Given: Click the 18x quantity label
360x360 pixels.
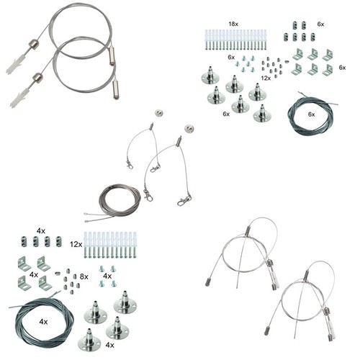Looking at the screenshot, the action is click(233, 24).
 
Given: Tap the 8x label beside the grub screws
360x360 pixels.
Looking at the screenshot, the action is click(84, 276).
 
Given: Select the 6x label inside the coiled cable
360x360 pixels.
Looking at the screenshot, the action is click(312, 114).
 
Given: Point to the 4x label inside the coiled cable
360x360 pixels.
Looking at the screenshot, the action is click(43, 322).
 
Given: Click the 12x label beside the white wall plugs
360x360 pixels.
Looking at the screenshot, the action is click(76, 245).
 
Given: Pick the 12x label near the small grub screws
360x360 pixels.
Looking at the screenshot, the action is click(266, 78).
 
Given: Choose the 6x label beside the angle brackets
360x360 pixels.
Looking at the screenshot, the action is click(342, 68).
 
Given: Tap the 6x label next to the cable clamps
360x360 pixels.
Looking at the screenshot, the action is click(320, 24).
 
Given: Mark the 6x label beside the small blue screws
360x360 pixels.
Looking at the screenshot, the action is click(231, 57).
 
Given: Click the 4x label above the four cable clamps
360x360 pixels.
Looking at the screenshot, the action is click(41, 231).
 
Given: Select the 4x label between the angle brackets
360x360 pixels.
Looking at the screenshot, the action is click(34, 274).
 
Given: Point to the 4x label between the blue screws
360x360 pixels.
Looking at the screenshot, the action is click(107, 276).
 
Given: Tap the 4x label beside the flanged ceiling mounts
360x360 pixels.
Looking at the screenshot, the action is click(109, 345).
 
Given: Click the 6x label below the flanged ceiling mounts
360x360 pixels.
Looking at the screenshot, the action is click(226, 114).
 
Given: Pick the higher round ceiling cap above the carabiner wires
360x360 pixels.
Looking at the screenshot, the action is click(158, 113).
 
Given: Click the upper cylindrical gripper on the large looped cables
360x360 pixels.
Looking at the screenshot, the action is click(112, 55).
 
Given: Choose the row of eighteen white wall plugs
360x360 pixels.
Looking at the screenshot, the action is click(235, 40).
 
